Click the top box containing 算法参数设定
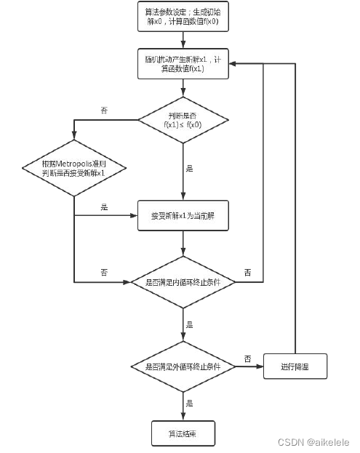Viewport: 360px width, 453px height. point(183,15)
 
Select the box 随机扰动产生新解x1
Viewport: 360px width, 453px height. point(183,63)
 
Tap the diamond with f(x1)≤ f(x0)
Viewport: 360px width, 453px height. point(183,119)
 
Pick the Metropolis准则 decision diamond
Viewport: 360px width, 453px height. point(74,169)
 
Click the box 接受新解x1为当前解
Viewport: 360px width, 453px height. point(183,216)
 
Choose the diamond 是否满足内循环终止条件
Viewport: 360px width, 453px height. point(183,281)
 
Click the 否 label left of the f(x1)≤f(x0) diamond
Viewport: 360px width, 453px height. point(104,111)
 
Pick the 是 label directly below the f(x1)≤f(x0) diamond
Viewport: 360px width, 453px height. point(190,169)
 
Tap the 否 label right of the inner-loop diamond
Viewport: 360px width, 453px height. point(247,273)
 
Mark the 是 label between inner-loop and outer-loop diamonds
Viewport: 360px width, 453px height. point(190,324)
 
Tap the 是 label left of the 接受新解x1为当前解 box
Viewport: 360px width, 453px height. point(104,208)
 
